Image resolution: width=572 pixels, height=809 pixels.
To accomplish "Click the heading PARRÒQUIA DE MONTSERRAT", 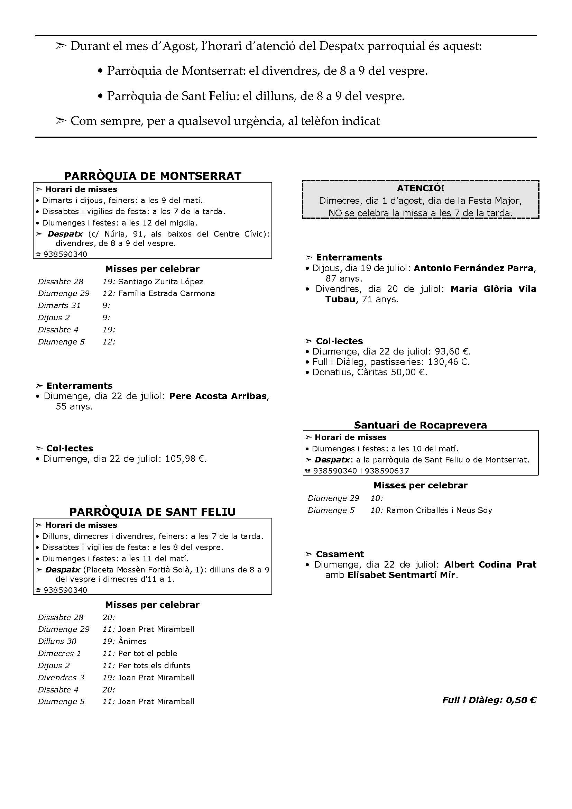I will tap(153, 176).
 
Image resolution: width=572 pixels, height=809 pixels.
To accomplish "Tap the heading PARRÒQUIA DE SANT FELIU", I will tap(153, 512).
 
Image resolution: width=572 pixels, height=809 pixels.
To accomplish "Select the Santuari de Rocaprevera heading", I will tap(420, 425).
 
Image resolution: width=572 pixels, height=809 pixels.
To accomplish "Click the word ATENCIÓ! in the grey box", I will tap(421, 188).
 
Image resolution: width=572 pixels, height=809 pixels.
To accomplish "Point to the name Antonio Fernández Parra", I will tap(473, 268).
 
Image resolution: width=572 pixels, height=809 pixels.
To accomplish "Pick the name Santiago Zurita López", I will tap(160, 282).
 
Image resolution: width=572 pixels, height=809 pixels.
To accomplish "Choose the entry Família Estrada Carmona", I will tap(166, 294).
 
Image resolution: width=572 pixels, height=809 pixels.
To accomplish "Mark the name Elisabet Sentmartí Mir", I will tap(402, 575).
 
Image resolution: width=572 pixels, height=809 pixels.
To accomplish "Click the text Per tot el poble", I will tap(148, 653).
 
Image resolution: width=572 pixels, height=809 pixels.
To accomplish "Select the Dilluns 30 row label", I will tap(57, 641).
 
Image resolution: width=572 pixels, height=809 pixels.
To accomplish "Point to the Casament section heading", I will tap(340, 554).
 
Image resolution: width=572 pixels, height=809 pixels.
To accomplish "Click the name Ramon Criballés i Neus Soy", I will tap(439, 510).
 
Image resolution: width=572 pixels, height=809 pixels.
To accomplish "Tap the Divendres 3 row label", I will tap(61, 678).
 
